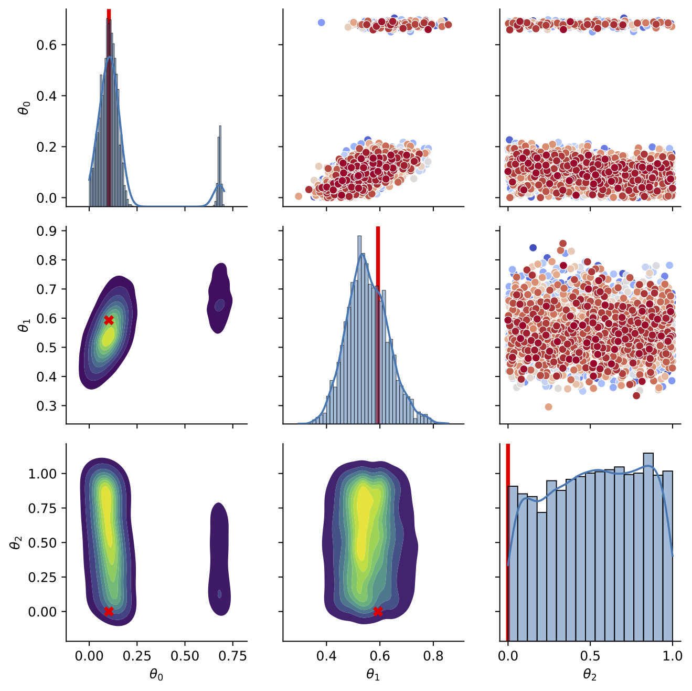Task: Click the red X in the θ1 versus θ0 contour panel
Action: pos(109,320)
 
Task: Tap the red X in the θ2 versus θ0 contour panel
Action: pos(109,611)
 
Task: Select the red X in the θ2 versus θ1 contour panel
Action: pos(377,611)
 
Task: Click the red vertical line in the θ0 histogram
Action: pos(109,105)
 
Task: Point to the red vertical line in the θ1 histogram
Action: pos(378,326)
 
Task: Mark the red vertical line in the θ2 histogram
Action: pos(508,541)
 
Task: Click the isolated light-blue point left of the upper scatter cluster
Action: pos(322,23)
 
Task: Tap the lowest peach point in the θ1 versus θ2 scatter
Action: pos(549,407)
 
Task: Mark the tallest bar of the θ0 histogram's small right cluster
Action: pos(220,168)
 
